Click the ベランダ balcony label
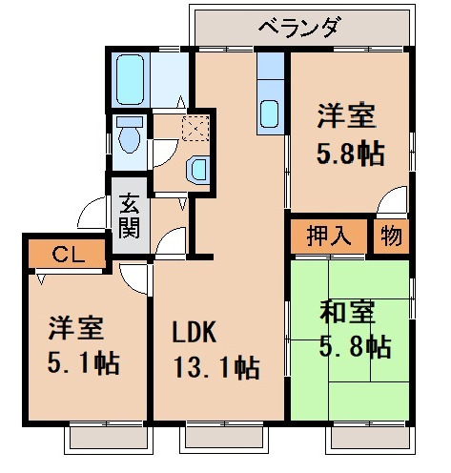299,26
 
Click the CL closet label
65,255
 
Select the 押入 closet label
328,235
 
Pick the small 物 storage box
393,235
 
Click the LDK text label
195,333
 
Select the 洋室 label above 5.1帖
77,329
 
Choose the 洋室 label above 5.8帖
346,117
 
